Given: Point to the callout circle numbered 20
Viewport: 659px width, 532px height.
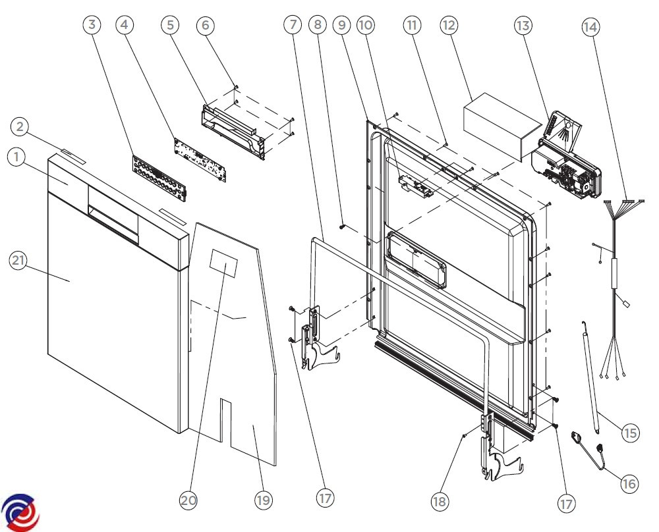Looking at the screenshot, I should point(189,500).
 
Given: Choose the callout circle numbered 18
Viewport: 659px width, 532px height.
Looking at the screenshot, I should point(440,501).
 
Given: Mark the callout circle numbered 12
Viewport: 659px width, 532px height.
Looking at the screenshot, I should point(449,26).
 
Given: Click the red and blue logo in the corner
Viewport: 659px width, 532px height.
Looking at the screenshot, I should point(20,511).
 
